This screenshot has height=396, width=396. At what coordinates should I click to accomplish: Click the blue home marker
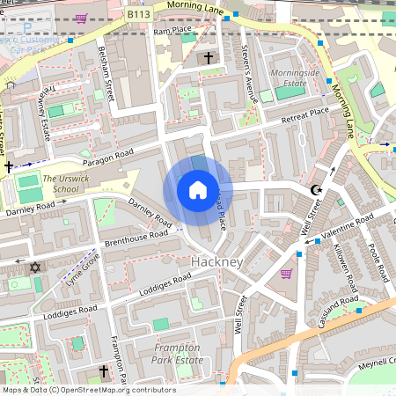(198, 190)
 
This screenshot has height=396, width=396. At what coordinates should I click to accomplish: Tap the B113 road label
(137, 14)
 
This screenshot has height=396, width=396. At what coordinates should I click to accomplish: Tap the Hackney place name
(216, 263)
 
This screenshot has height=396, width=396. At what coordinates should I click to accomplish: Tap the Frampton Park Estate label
(177, 354)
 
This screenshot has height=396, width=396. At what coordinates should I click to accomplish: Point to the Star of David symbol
(36, 267)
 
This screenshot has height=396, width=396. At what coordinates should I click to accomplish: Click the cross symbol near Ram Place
(209, 59)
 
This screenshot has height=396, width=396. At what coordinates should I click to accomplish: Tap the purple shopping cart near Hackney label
(286, 274)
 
